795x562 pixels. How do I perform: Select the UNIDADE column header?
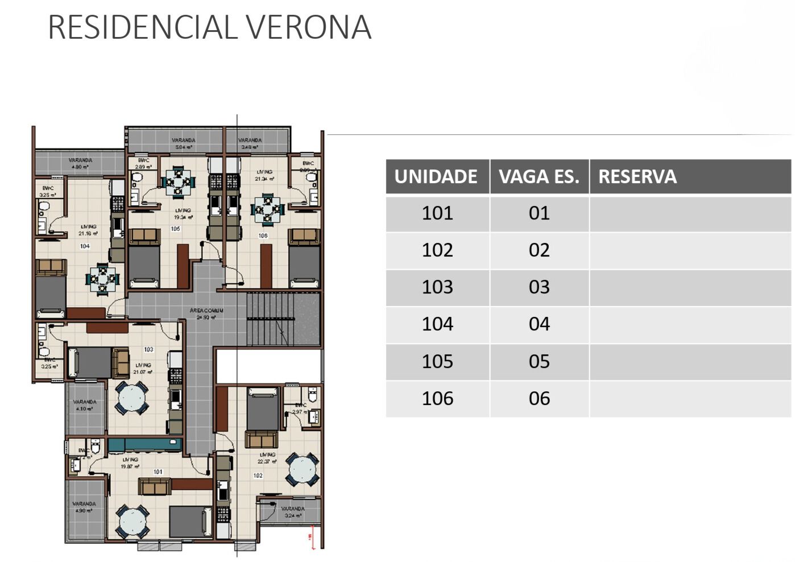click(436, 177)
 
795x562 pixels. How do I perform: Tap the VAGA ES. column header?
click(539, 177)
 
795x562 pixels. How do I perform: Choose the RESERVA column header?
click(637, 177)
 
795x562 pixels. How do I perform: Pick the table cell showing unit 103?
click(437, 287)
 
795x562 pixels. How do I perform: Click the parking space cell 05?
click(539, 362)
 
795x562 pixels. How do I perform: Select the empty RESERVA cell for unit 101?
click(690, 213)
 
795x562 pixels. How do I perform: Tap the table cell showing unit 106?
click(437, 399)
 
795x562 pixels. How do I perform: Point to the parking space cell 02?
click(539, 250)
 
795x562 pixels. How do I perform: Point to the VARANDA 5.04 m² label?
click(184, 143)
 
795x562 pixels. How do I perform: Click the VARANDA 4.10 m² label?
click(85, 405)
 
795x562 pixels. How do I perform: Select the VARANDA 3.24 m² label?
click(293, 512)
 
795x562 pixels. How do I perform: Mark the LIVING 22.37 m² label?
click(267, 458)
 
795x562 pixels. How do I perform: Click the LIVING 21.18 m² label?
click(88, 230)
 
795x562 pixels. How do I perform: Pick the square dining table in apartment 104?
click(102, 279)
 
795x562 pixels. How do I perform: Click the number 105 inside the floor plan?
click(175, 229)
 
